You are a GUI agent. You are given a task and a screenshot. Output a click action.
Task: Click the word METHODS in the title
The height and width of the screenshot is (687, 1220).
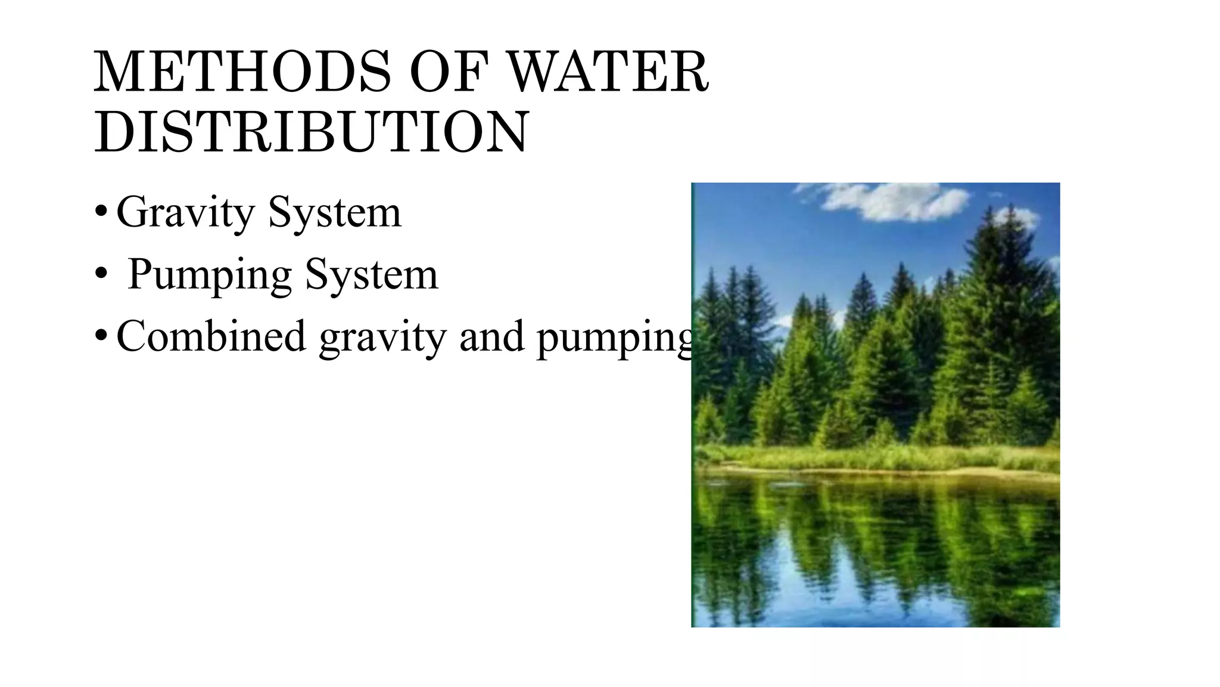242,73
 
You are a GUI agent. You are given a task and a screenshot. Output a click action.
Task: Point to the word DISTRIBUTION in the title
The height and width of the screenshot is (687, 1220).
311,132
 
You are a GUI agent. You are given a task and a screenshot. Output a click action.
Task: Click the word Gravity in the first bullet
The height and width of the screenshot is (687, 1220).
185,213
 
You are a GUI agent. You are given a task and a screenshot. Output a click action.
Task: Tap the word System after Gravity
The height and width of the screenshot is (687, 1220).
335,213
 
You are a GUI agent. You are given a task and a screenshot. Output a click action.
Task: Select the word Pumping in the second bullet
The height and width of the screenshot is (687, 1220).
209,275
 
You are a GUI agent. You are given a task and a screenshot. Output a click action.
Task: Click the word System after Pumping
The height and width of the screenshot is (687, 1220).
371,275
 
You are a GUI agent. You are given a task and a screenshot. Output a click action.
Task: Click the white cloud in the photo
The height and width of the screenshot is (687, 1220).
888,202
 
